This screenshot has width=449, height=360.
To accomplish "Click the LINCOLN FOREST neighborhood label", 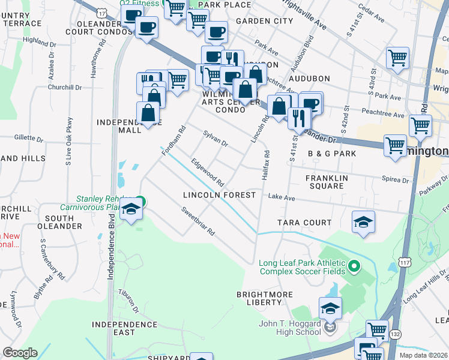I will coord(220,195).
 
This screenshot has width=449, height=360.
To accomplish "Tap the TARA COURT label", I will coord(304,223).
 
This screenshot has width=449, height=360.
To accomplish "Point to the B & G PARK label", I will coord(332,154).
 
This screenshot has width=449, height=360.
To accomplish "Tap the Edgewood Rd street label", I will coord(207,172).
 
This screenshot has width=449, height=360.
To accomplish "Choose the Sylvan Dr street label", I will coord(215,139).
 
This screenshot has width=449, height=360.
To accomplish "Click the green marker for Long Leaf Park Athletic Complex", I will coord(354,265).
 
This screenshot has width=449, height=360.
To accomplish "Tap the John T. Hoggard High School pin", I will coord(330,328).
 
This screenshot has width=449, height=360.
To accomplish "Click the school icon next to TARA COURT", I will coord(363,222).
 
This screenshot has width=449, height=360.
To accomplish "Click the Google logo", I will coord(20,353).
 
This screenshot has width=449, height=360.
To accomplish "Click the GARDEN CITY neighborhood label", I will coord(264,20).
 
